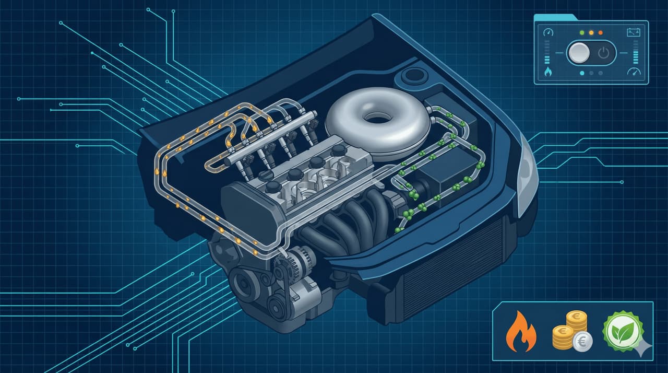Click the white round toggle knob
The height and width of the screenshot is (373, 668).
point(578,53)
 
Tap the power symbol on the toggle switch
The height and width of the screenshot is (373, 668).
point(603,53)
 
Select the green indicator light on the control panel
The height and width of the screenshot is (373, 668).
point(581,32)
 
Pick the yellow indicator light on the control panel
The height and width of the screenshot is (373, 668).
point(591,32)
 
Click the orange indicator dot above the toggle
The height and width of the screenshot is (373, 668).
point(601,32)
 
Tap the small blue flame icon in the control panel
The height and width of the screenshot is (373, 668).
point(547,72)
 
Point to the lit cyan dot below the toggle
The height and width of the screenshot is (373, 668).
point(582,74)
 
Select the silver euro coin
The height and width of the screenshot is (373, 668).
point(582,342)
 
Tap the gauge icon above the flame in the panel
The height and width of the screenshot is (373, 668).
point(547,32)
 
